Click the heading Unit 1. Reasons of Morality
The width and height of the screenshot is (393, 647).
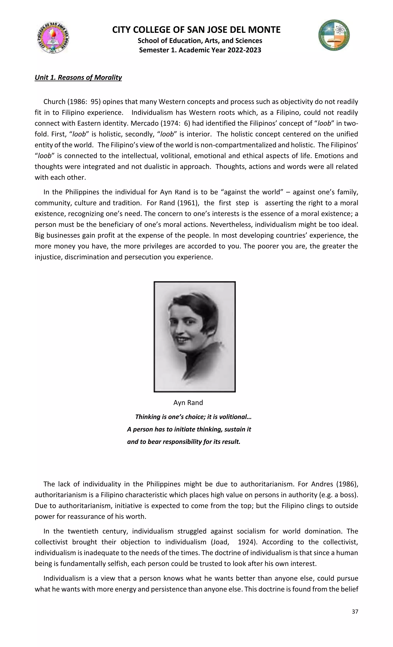(x=78, y=77)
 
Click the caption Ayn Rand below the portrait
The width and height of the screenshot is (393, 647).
(x=188, y=403)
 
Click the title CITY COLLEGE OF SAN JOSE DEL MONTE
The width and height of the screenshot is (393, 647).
(x=196, y=30)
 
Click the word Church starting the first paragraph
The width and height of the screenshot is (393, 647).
(x=54, y=102)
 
